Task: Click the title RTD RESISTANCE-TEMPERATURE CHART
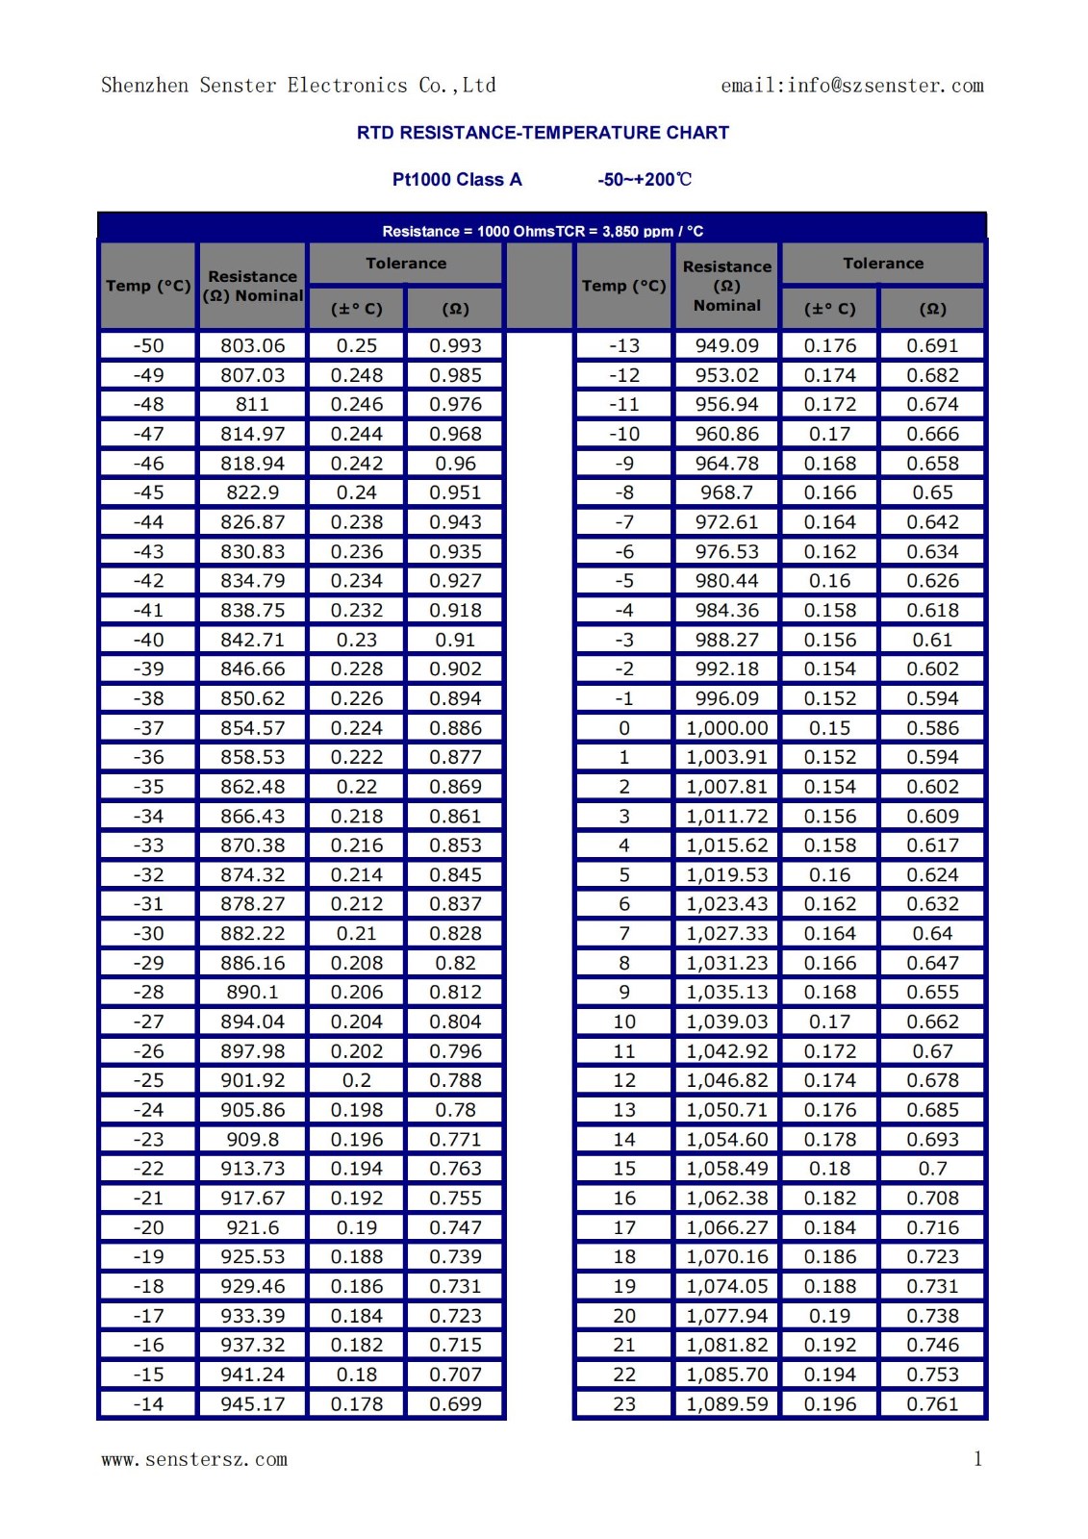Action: (x=543, y=133)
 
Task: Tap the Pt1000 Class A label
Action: (x=457, y=180)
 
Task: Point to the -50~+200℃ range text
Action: (x=644, y=180)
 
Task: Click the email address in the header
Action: (x=851, y=86)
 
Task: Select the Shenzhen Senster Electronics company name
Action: (x=298, y=86)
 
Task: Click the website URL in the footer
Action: (x=194, y=1459)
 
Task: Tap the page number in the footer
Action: (x=977, y=1458)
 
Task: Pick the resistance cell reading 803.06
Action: (x=252, y=345)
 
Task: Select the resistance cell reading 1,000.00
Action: (x=726, y=728)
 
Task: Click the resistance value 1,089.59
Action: (x=726, y=1404)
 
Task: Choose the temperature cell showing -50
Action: (x=148, y=345)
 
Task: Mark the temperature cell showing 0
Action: (x=623, y=728)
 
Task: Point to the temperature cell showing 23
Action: (x=623, y=1404)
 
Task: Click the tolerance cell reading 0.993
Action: (x=455, y=345)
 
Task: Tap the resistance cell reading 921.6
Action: (x=252, y=1227)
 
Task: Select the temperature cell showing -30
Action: (x=148, y=933)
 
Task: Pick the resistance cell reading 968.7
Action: (x=726, y=492)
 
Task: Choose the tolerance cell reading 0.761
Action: (x=932, y=1404)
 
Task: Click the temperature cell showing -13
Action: (x=623, y=345)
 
